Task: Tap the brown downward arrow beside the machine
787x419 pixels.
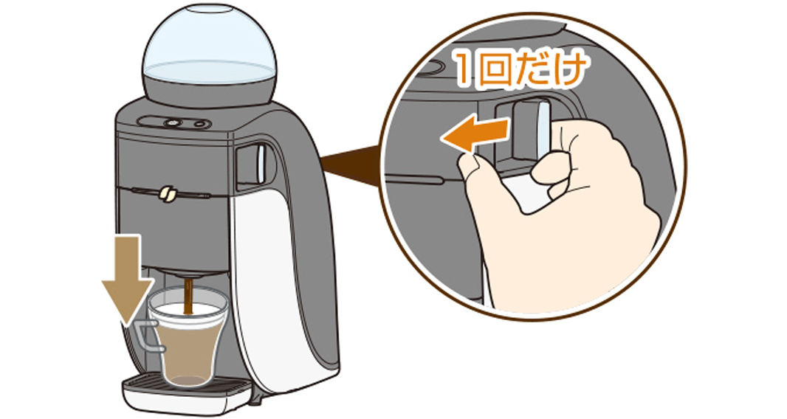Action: (128, 277)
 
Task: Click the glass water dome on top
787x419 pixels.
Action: (209, 48)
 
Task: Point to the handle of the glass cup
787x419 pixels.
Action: (145, 336)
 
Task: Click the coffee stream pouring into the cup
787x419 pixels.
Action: (189, 296)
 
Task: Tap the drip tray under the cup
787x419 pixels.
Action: (187, 392)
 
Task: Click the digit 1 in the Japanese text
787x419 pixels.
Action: (465, 71)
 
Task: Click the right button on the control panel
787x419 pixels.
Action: (201, 123)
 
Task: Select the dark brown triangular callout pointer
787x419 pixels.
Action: (351, 165)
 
